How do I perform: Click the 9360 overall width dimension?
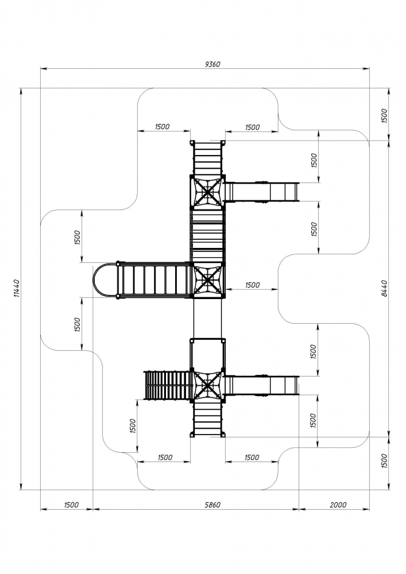click(212, 64)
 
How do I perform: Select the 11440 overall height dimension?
click(17, 289)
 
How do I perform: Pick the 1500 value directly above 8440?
click(385, 116)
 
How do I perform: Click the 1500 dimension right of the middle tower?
click(252, 285)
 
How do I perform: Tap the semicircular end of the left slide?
click(105, 280)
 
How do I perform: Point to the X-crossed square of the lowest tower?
click(207, 385)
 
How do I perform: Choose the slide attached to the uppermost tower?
click(261, 191)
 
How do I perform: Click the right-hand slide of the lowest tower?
click(261, 385)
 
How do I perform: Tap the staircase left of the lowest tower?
click(167, 385)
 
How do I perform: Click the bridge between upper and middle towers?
click(207, 235)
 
